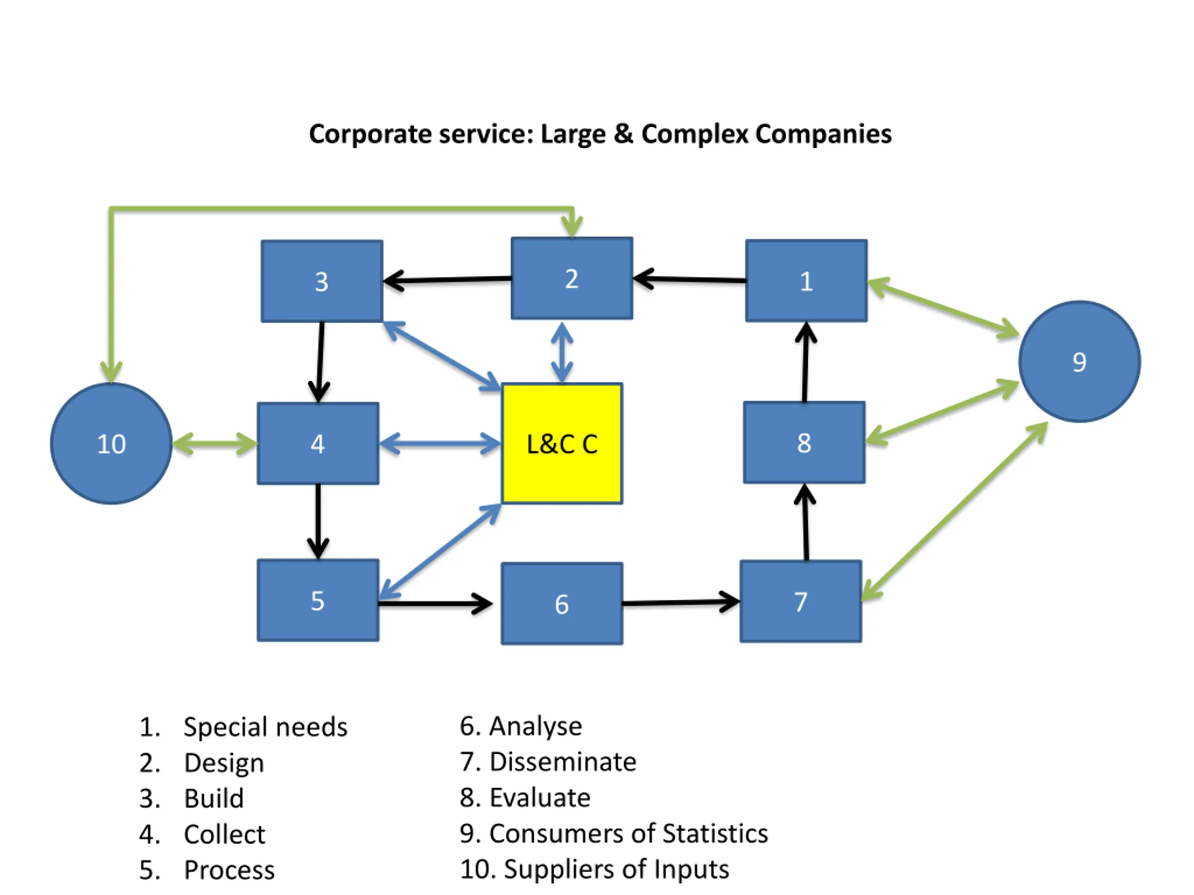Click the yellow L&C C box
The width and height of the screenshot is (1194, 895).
pos(562,443)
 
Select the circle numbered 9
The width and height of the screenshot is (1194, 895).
pos(1080,361)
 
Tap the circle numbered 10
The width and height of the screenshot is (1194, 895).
pos(111,443)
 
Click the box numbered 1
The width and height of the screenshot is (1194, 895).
pos(806,281)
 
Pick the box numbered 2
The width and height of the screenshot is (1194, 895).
pos(572,278)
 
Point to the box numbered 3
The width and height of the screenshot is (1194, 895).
pos(322,281)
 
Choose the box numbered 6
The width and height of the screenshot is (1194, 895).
pos(562,604)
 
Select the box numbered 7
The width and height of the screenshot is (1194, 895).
pos(800,601)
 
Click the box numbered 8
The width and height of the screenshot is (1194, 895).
pos(804,442)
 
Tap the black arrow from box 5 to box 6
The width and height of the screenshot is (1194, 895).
pos(435,603)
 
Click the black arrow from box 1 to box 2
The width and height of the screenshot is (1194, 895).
pos(689,279)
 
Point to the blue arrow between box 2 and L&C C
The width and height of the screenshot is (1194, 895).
pos(562,352)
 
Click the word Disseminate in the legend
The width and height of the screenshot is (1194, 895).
pos(562,762)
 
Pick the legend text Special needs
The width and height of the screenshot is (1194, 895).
pos(265,727)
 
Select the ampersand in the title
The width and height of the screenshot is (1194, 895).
pos(624,134)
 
